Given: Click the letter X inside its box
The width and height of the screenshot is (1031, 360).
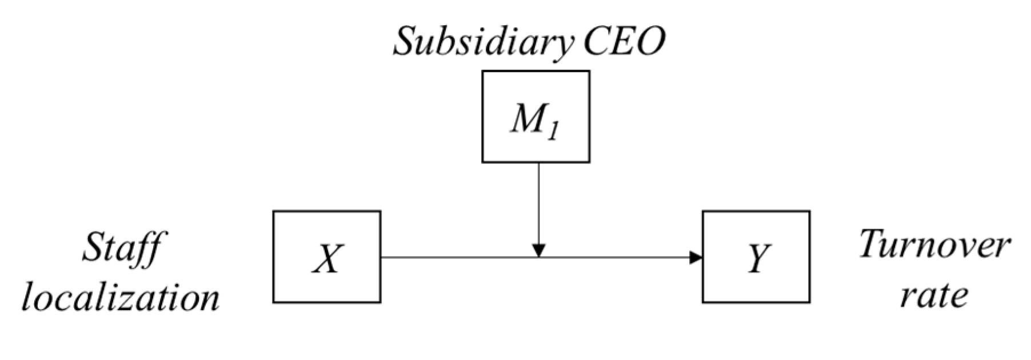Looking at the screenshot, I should [x=327, y=258].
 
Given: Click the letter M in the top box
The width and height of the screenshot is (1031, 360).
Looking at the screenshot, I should [x=527, y=121].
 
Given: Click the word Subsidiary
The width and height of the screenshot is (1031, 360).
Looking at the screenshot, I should [x=483, y=42].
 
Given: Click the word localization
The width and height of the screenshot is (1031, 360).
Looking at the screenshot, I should [x=121, y=298].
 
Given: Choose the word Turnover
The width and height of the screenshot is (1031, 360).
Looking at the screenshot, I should [x=934, y=245].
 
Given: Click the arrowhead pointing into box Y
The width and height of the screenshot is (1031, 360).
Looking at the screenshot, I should [x=696, y=257].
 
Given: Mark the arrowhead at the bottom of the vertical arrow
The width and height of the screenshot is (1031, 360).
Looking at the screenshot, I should [x=538, y=250].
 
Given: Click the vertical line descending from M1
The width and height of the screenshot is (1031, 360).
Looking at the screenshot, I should [x=538, y=200].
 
